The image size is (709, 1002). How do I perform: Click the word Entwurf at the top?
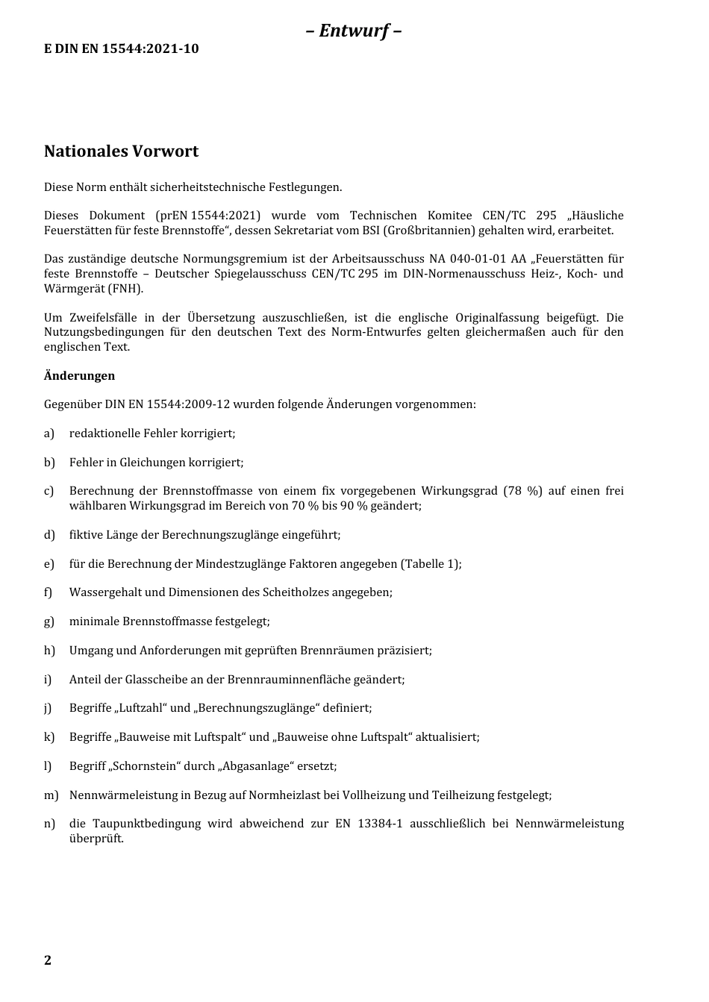(x=354, y=31)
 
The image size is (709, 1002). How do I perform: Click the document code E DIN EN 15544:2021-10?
(x=121, y=49)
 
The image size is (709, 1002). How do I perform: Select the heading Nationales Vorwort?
(x=121, y=151)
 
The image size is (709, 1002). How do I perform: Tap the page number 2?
(x=48, y=960)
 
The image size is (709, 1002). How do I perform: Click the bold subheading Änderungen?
(x=79, y=375)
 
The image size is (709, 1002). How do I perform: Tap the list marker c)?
(x=49, y=491)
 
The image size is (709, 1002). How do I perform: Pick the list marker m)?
(x=51, y=795)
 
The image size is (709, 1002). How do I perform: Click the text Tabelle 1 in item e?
(x=430, y=564)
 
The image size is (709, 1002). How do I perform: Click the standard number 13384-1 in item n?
(x=380, y=824)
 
